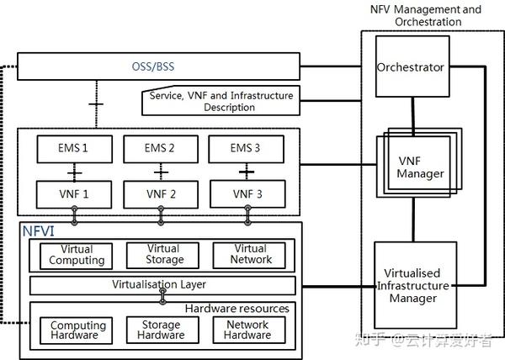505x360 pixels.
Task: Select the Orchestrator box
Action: tap(410, 67)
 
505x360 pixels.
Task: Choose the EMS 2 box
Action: tap(159, 149)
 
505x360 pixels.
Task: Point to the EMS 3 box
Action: tap(247, 149)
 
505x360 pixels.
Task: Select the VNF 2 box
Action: tap(159, 193)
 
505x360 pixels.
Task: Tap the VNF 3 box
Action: tap(247, 193)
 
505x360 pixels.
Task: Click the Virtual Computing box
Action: tap(77, 255)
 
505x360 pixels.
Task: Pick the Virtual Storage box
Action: tap(162, 255)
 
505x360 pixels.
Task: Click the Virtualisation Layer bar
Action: tap(159, 284)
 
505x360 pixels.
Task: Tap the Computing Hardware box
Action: tap(78, 330)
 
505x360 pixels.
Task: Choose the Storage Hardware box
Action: tap(162, 330)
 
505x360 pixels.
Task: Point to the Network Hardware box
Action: tap(247, 330)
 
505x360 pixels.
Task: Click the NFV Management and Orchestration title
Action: tap(426, 15)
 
